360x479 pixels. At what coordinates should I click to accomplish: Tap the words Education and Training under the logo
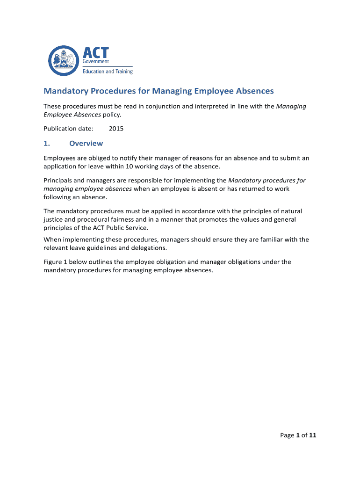(108, 72)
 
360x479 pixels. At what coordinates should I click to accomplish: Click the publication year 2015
(116, 128)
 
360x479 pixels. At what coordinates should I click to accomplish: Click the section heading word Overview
(86, 143)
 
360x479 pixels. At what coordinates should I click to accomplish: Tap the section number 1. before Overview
(47, 143)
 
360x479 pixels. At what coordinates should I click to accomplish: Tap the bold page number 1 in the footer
(298, 435)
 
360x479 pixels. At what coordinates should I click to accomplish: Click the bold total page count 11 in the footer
(313, 435)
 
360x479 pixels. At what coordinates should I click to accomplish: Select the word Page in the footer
(287, 435)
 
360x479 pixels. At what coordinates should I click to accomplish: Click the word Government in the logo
(96, 61)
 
